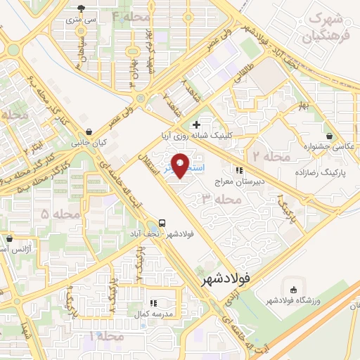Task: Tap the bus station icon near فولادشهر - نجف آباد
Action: pyautogui.click(x=162, y=221)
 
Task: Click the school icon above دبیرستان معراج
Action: pyautogui.click(x=239, y=170)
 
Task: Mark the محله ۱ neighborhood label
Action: pyautogui.click(x=105, y=337)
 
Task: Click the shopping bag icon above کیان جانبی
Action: pyautogui.click(x=89, y=131)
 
